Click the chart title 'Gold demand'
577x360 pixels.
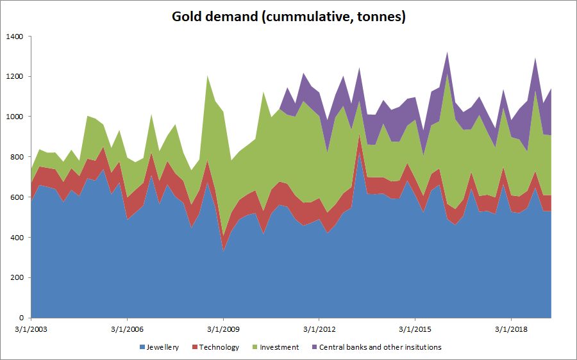tap(288, 17)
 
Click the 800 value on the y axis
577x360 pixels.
tap(16, 157)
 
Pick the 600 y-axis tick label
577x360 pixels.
tap(16, 197)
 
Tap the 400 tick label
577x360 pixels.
tap(16, 238)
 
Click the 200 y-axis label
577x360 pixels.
tap(16, 277)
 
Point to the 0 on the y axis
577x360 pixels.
tap(21, 318)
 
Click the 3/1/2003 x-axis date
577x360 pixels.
tap(31, 330)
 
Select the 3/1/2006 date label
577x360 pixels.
tap(127, 330)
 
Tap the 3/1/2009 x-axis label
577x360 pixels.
tap(223, 330)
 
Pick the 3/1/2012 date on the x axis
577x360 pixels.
tap(319, 330)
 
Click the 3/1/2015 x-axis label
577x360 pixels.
tap(415, 330)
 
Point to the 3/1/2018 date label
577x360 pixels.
tap(511, 330)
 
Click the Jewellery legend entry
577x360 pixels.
tap(160, 347)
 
